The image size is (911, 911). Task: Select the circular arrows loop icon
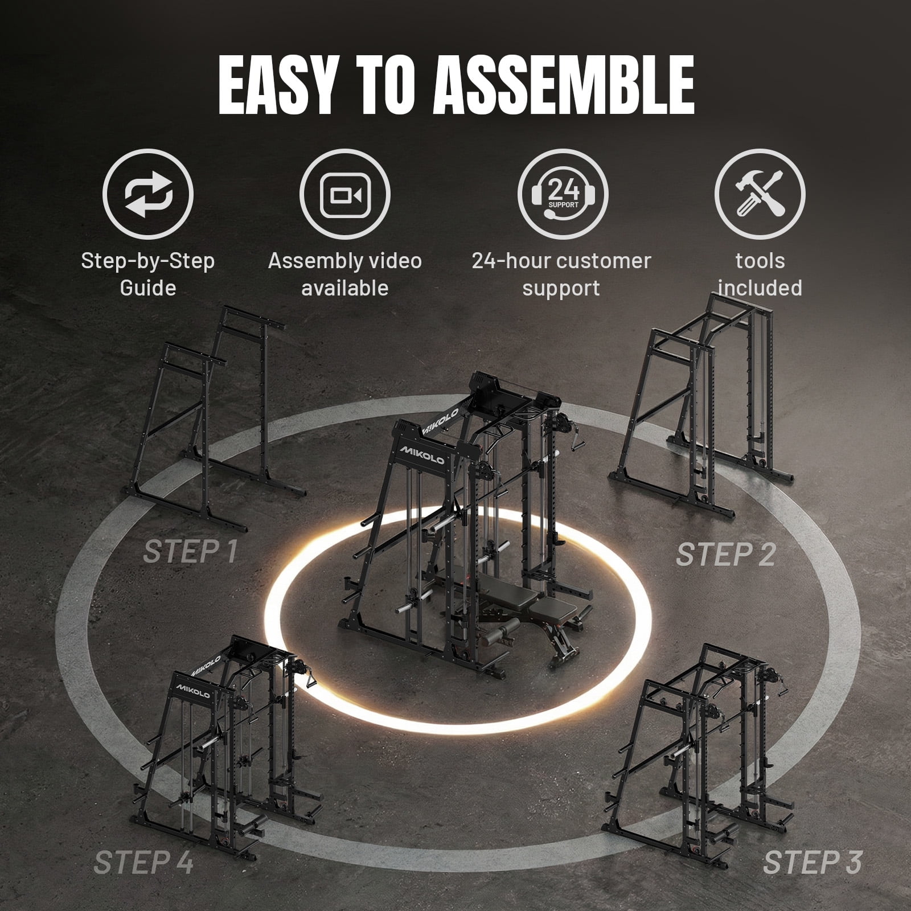[148, 194]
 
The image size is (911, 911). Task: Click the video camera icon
[345, 194]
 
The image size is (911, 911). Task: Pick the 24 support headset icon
[563, 194]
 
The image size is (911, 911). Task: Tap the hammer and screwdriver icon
[760, 194]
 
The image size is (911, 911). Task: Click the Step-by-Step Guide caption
[148, 274]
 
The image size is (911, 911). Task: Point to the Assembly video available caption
[345, 274]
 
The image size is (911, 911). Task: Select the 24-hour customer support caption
[561, 274]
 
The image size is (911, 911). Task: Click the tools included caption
[760, 274]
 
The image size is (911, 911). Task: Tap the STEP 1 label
[190, 551]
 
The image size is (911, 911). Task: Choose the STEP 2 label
[725, 554]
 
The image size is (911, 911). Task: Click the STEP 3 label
[812, 861]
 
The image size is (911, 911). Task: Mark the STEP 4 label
[144, 861]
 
